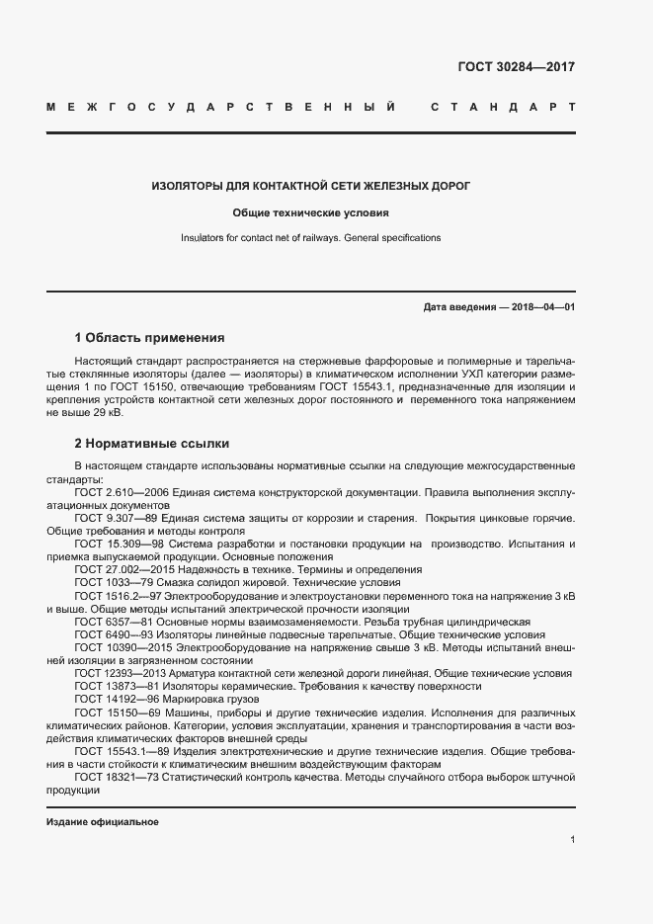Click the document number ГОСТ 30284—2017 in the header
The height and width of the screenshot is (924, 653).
coord(517,68)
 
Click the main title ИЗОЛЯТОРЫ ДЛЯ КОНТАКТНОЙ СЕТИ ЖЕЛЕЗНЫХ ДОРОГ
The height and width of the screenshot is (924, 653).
coord(311,185)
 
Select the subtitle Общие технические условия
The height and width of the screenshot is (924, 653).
coord(311,211)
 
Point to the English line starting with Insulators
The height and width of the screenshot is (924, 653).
coord(311,238)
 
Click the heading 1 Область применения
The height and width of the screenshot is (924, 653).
coord(150,337)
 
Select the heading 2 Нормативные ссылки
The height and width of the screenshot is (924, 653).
coord(152,444)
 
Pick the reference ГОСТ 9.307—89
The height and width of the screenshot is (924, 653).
coord(116,518)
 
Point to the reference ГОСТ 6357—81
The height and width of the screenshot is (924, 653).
coord(112,622)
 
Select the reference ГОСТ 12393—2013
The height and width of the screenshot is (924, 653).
coord(119,673)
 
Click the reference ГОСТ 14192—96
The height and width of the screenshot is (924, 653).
coord(116,699)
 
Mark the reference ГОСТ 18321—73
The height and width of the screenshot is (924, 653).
coord(116,778)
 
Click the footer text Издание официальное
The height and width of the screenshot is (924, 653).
coord(102,822)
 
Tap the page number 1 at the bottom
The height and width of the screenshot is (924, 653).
coord(572,839)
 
